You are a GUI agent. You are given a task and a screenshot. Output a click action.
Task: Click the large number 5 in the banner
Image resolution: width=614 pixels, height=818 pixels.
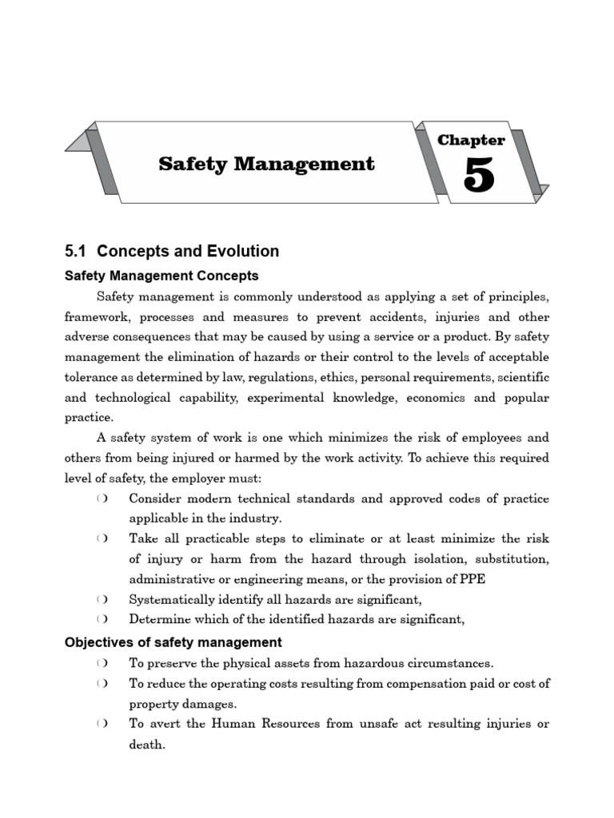tap(479, 177)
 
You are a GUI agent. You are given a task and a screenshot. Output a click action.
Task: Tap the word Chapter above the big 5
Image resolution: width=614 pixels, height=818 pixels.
tap(472, 141)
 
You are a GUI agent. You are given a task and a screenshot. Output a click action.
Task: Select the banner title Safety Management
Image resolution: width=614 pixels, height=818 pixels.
tap(266, 164)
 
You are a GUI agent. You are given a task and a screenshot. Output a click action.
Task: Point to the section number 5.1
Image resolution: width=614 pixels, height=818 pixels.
tap(76, 252)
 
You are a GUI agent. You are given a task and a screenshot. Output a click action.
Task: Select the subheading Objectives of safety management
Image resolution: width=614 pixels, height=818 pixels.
tap(173, 642)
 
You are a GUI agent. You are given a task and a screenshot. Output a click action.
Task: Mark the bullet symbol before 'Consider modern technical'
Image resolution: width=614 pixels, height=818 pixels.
tap(102, 499)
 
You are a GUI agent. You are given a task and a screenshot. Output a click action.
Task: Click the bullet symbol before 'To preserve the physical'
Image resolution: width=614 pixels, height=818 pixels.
tap(102, 663)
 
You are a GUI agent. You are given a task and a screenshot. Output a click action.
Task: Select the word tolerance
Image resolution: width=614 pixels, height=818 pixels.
tap(97, 376)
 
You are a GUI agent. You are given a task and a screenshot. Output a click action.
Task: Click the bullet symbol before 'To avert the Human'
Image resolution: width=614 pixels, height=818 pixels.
tap(102, 724)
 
